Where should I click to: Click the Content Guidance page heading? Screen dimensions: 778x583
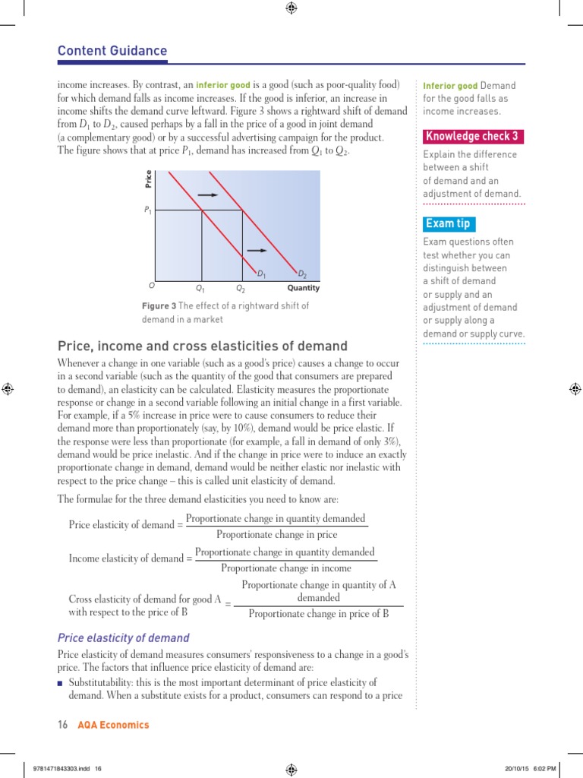pos(112,51)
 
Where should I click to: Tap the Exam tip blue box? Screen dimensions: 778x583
pos(448,223)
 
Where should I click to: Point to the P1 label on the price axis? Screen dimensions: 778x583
pos(147,210)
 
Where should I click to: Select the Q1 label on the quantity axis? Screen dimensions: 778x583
pos(200,289)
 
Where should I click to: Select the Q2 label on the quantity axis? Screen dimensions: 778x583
pos(241,289)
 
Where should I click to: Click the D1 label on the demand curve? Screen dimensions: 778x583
pos(261,274)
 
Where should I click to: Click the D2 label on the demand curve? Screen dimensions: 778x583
pos(301,274)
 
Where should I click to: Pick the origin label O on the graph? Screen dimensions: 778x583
pos(152,287)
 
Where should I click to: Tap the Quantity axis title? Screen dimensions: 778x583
pos(303,288)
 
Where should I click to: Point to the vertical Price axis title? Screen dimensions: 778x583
pos(149,179)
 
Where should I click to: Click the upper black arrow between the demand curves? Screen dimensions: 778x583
pos(208,195)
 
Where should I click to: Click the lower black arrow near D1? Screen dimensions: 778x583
pos(257,249)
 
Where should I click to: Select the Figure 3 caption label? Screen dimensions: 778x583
pos(159,305)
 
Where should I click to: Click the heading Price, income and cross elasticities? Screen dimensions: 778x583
pos(203,346)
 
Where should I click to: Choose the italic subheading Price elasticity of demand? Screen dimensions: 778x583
pos(124,637)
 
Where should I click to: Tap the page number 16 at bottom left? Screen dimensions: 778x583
pos(63,725)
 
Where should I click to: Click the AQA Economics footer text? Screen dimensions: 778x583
pos(113,725)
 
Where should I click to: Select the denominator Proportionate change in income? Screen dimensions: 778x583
pos(285,568)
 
